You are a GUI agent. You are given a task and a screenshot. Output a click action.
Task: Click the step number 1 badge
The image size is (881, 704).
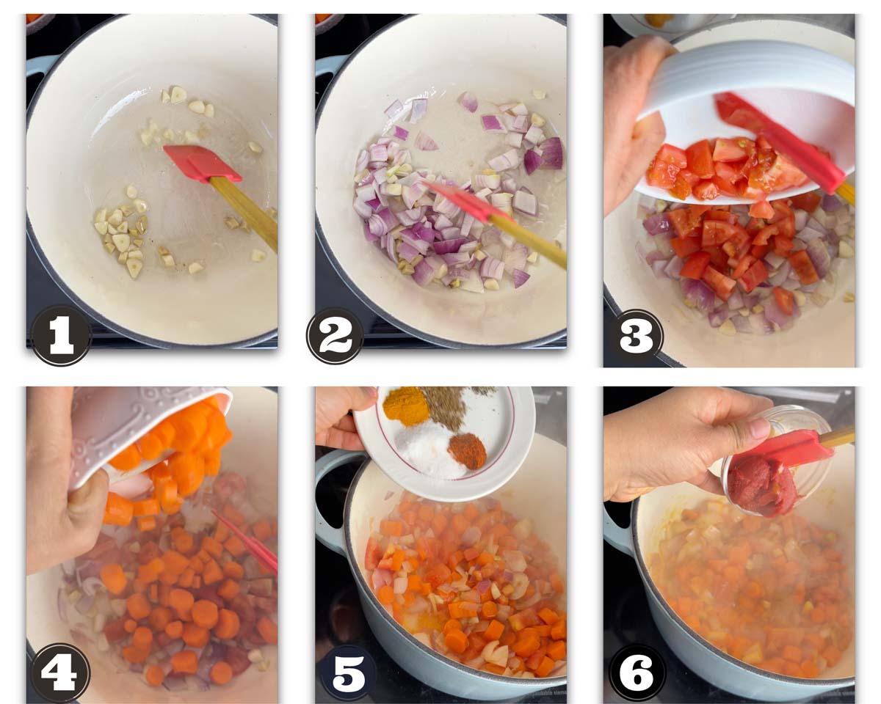pyautogui.click(x=62, y=335)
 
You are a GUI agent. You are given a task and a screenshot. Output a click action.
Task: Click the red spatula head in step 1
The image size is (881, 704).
pyautogui.click(x=202, y=164)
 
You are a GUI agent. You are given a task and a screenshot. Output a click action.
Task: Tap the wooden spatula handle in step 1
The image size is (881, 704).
pyautogui.click(x=244, y=213)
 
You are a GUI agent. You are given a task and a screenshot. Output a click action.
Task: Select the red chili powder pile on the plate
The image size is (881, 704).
pyautogui.click(x=467, y=452)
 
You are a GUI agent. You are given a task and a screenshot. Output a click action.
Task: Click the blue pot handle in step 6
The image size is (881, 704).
pyautogui.click(x=619, y=532)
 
